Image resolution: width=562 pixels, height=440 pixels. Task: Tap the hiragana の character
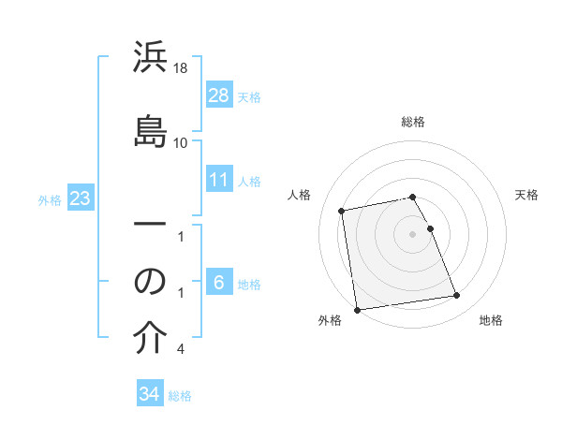pos(151,281)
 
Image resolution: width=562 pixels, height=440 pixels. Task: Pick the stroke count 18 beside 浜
pos(181,68)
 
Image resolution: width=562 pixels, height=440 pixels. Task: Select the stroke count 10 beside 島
pos(181,142)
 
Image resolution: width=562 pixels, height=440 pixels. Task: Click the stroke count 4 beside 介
pos(180,349)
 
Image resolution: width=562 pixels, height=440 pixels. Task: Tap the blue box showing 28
pos(219,95)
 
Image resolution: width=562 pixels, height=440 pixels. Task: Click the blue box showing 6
pos(219,283)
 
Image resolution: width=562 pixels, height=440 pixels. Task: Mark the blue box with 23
pos(81,199)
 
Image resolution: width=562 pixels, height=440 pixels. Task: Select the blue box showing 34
pos(150,394)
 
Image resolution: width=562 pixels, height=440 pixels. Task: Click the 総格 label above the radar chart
pos(413,122)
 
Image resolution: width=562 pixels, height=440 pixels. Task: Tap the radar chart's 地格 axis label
pos(491,320)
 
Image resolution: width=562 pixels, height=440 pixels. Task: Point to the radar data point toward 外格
pos(357,309)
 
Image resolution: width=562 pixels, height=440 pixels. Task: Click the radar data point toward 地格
pos(456,296)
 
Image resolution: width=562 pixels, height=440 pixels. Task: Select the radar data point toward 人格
pos(343,210)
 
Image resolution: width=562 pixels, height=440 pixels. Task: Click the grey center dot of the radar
pos(413,234)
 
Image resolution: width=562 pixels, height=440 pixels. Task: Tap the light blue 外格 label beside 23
pos(50,199)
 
